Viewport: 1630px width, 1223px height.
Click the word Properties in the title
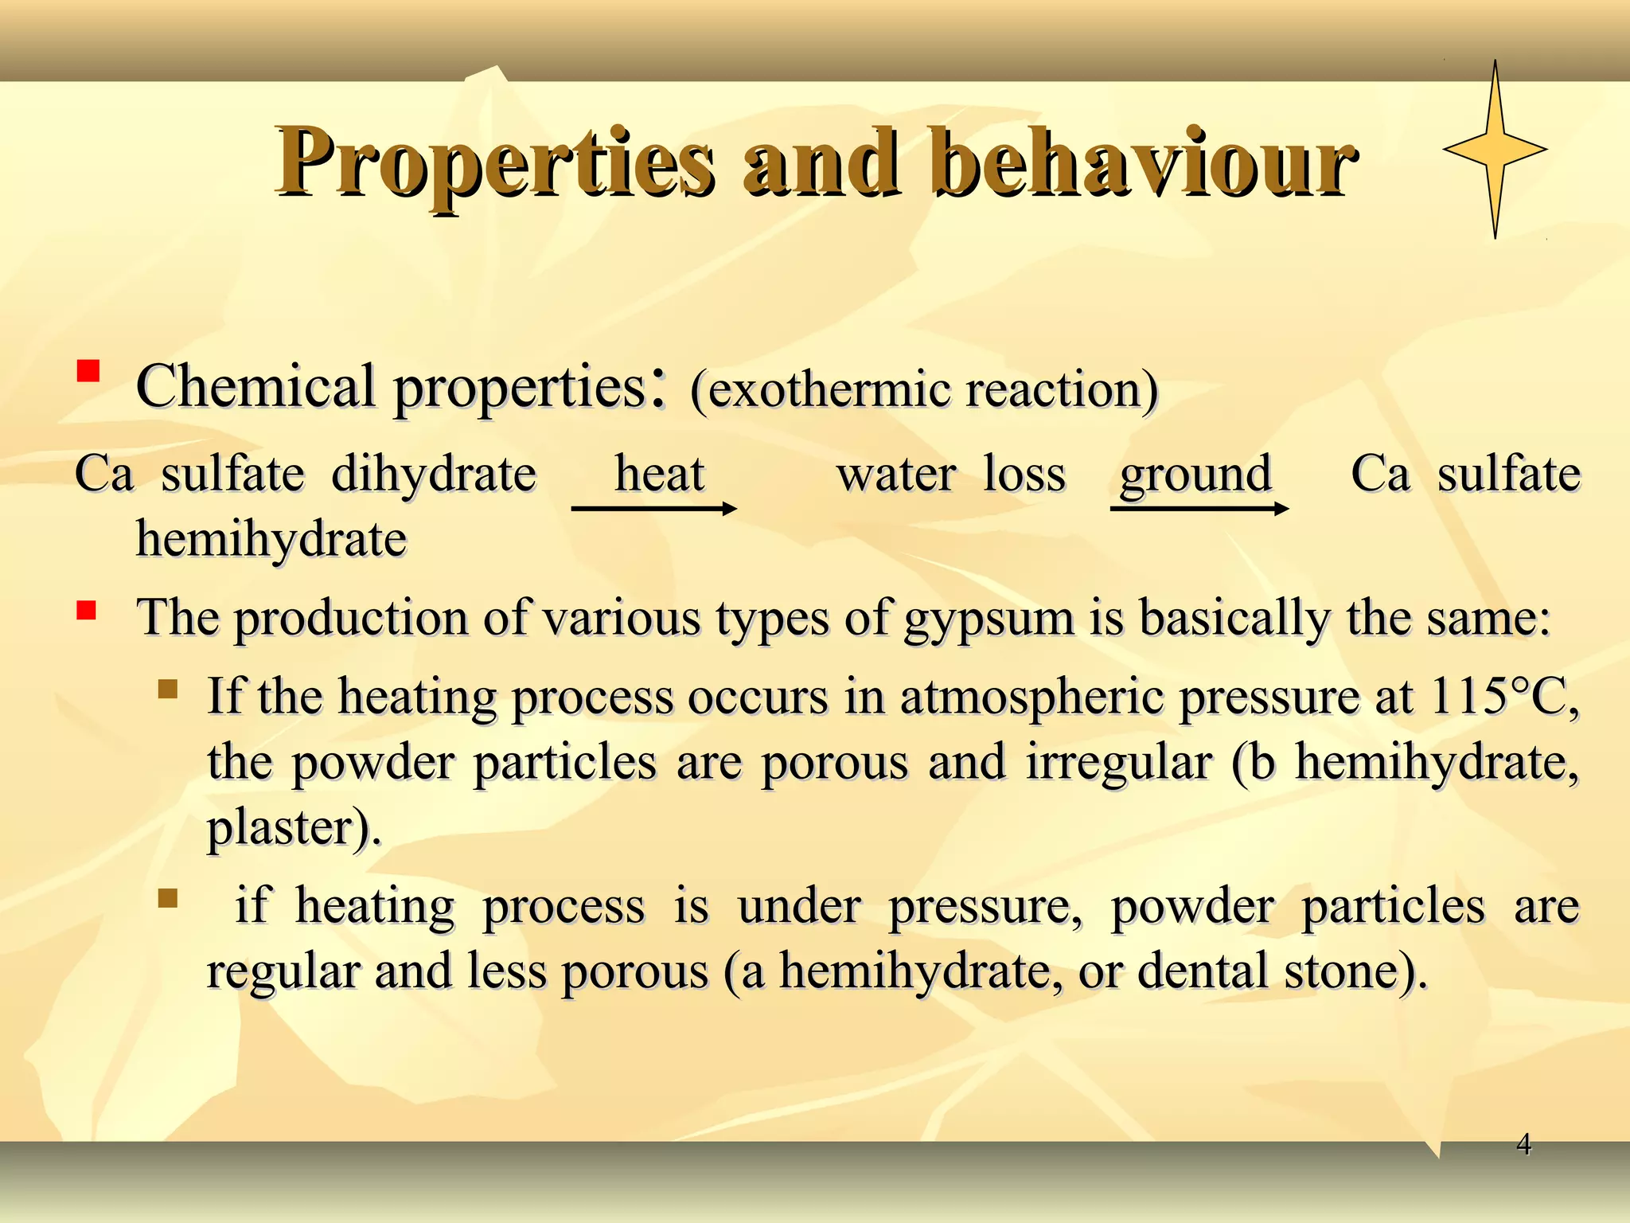[493, 163]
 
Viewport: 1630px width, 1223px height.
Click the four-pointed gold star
[1495, 150]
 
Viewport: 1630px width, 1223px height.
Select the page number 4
[1523, 1144]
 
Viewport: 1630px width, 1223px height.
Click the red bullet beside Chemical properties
[88, 371]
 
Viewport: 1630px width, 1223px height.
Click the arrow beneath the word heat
[653, 508]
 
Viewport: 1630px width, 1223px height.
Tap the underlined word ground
[1195, 475]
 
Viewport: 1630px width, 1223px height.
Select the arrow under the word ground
[1199, 508]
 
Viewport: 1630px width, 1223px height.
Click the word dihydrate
[434, 475]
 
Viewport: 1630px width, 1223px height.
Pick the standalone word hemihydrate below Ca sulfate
[271, 540]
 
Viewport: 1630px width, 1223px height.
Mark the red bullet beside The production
[86, 611]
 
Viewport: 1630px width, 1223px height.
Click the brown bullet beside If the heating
[167, 688]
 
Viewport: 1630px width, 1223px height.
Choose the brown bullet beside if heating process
[167, 898]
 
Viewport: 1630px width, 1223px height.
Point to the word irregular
[1118, 763]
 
